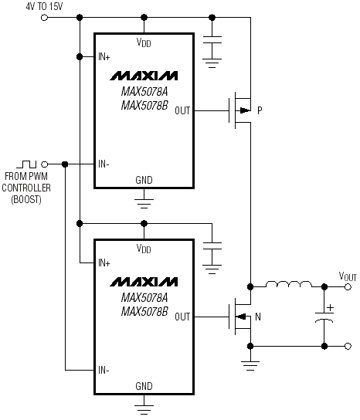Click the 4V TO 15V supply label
click(x=44, y=6)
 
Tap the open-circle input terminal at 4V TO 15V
click(x=44, y=18)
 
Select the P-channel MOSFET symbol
click(x=240, y=110)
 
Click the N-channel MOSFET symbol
click(x=240, y=317)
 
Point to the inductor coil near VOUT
click(x=289, y=284)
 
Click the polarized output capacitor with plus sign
click(x=324, y=314)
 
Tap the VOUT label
click(x=348, y=276)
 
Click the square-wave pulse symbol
click(x=26, y=164)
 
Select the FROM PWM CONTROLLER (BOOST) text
click(x=26, y=188)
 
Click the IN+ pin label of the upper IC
click(x=104, y=57)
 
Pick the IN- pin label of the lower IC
click(x=104, y=370)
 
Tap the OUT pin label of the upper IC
click(x=182, y=110)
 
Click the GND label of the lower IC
click(x=144, y=386)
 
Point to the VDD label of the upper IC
click(x=144, y=42)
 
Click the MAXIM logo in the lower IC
click(x=144, y=282)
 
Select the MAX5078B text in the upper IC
click(x=144, y=105)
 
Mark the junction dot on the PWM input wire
click(x=65, y=164)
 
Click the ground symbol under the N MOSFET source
click(x=250, y=366)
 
